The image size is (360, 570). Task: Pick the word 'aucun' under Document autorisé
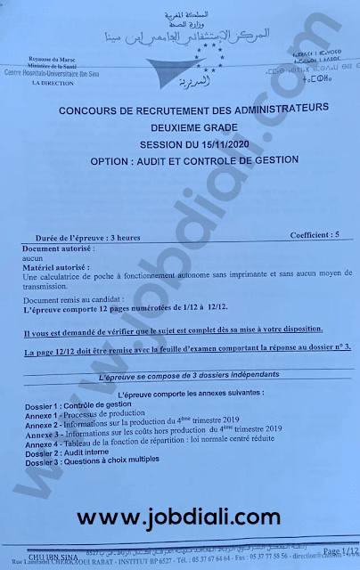pyautogui.click(x=33, y=256)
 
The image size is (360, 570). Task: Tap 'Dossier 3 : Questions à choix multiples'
pyautogui.click(x=95, y=460)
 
